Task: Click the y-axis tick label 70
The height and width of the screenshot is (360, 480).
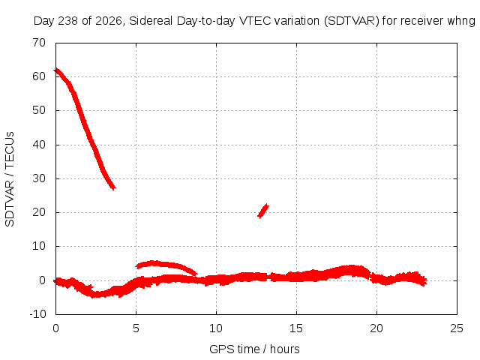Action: coord(39,43)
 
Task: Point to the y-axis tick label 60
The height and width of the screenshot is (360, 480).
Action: coord(39,76)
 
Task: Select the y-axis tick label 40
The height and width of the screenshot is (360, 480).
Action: coord(39,145)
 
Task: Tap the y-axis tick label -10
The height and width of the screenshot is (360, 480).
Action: coord(38,314)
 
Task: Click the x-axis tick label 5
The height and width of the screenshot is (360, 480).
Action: coord(136,328)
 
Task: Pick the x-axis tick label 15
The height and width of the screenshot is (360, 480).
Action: coord(296,328)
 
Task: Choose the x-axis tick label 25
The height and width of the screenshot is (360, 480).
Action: coord(457,328)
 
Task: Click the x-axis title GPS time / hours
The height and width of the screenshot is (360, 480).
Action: coord(254,349)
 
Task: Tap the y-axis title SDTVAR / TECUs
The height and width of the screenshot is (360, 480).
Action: coord(10,179)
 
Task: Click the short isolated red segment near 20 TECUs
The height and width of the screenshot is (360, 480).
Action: coord(263,211)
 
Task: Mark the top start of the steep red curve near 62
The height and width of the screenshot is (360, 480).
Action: coord(55,70)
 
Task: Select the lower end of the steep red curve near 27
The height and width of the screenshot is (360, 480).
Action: coord(113,187)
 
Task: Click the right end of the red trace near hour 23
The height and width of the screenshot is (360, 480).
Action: coord(425,280)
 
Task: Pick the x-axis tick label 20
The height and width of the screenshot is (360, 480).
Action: coord(376,328)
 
